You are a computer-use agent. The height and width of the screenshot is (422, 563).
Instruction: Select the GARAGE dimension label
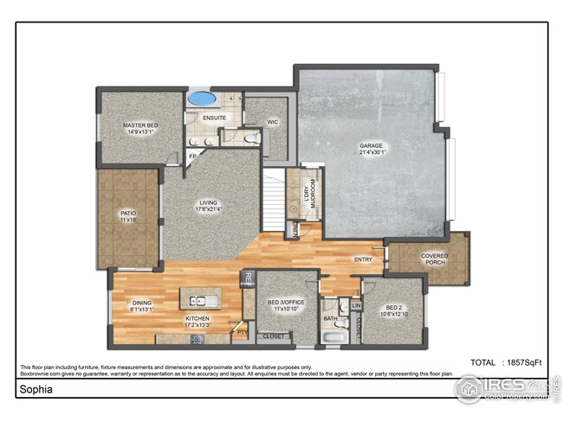[x=372, y=150]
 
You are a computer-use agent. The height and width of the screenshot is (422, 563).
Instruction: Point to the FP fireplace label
[x=193, y=157]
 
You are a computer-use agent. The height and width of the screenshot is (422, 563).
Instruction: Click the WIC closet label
[x=272, y=123]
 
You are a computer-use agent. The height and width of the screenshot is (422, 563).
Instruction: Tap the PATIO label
[x=128, y=216]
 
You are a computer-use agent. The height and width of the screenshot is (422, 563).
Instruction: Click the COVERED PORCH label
[x=434, y=259]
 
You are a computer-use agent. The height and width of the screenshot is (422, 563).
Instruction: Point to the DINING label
[x=142, y=305]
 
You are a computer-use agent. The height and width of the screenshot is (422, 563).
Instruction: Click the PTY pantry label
[x=242, y=330]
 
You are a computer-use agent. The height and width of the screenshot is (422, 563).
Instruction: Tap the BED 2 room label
[x=393, y=310]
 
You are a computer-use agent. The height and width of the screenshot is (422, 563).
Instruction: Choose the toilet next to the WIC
[x=252, y=137]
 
